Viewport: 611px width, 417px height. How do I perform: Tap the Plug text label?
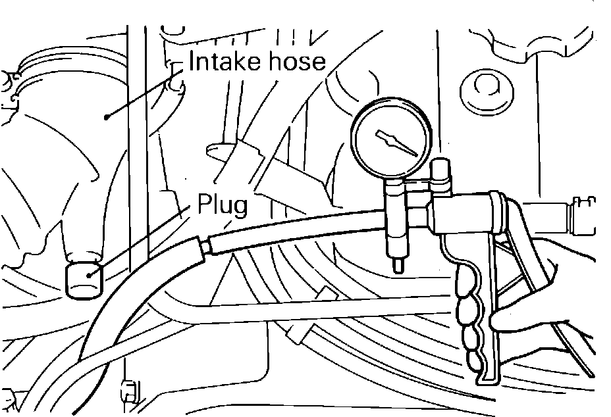[223, 207]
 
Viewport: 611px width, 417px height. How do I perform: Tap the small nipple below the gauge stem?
[397, 264]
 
